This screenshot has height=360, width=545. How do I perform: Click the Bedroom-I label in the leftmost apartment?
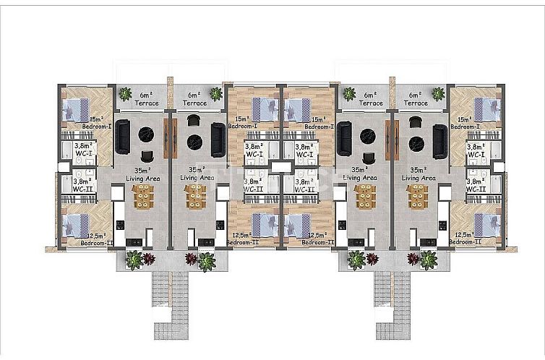pyautogui.click(x=96, y=127)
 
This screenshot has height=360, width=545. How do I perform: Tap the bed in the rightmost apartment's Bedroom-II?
pyautogui.click(x=485, y=224)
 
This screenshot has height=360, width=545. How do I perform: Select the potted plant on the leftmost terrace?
pyautogui.click(x=125, y=93)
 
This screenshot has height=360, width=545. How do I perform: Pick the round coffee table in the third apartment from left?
pyautogui.click(x=366, y=134)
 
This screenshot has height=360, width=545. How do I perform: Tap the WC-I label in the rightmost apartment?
pyautogui.click(x=476, y=154)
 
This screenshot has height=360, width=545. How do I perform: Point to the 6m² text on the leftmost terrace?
pyautogui.click(x=147, y=95)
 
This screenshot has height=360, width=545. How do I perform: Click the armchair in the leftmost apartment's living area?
pyautogui.click(x=147, y=156)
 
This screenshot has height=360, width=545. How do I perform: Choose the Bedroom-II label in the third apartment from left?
pyautogui.click(x=317, y=243)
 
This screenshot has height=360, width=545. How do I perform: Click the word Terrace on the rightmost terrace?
pyautogui.click(x=416, y=103)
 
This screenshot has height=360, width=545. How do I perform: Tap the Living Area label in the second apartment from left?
pyautogui.click(x=197, y=177)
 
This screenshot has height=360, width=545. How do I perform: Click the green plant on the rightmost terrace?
pyautogui.click(x=437, y=93)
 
